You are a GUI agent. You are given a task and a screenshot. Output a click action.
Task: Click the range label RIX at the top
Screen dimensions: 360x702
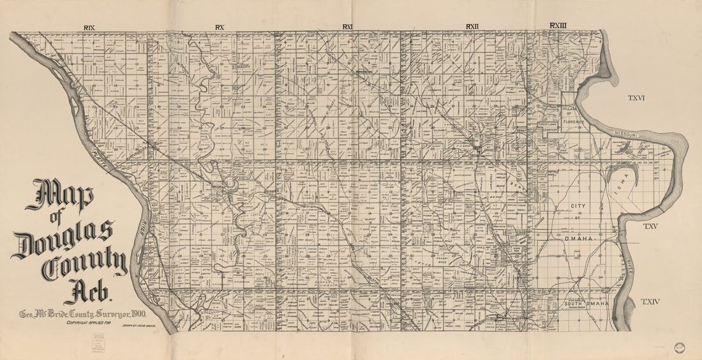coord(89,27)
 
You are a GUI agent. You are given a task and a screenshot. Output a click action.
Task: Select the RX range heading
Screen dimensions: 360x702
coord(220,27)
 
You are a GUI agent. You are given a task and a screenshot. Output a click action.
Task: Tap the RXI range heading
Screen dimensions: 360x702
coord(347,27)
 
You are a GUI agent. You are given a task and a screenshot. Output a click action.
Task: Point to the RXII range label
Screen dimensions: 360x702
coord(472,26)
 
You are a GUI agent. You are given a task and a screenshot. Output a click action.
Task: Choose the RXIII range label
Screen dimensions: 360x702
coord(558,26)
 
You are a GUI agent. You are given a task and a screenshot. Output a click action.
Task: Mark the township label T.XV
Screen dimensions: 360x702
coord(650,227)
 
